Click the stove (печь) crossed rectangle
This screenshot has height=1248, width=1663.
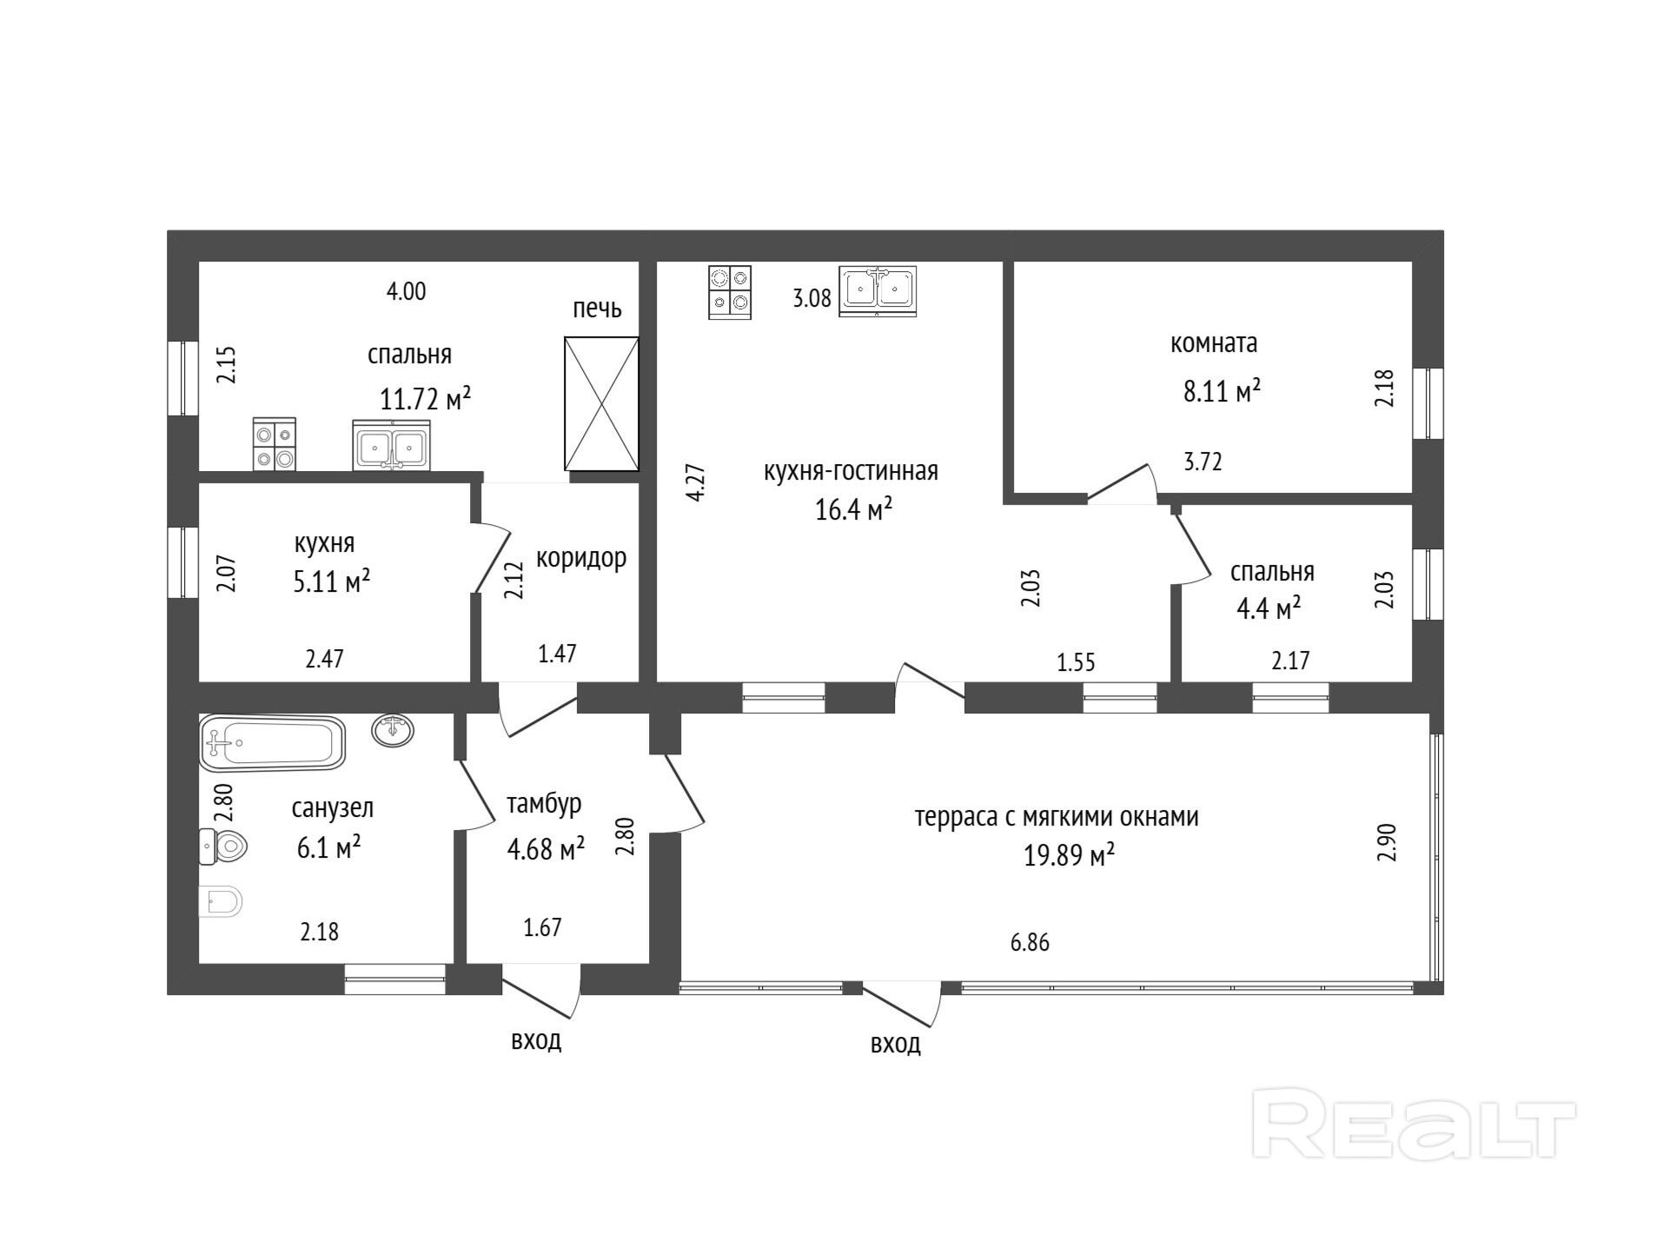coord(601,404)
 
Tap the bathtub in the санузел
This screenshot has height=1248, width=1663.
coord(272,743)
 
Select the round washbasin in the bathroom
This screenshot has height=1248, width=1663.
coord(393,730)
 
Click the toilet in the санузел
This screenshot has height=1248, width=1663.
coord(223,846)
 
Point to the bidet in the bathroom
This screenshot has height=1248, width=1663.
coord(220,902)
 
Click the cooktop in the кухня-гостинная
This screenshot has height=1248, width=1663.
coord(730,292)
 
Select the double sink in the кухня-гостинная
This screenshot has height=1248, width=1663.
coord(878,290)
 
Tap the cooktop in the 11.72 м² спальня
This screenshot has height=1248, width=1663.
coord(275,444)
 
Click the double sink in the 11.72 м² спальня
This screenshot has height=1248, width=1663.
coord(391,445)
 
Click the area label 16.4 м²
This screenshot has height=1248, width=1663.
coord(853,508)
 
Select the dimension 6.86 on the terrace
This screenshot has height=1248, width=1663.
coord(1030,942)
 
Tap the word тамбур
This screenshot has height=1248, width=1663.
coord(544,805)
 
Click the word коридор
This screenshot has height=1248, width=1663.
coord(581,558)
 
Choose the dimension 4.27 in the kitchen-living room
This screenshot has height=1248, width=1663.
coord(696,482)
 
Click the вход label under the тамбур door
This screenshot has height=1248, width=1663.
coord(536,1040)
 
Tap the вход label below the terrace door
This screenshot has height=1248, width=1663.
coord(896,1044)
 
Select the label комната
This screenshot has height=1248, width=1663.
coord(1214,343)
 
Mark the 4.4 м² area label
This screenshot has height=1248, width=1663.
coord(1269,607)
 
